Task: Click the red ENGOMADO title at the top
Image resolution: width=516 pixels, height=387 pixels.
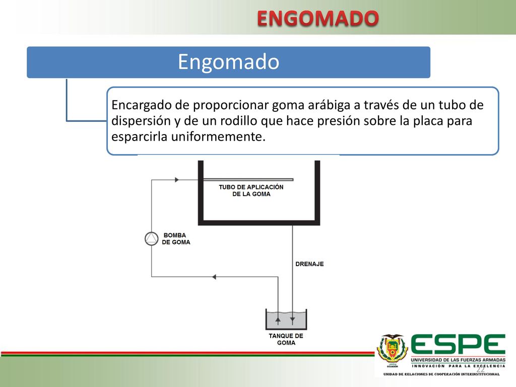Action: point(318,18)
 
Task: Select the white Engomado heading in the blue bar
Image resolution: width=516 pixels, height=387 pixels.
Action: point(228,62)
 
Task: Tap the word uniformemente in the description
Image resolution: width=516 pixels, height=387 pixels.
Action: point(218,136)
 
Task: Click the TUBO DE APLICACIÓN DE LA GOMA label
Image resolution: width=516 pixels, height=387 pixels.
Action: point(251,190)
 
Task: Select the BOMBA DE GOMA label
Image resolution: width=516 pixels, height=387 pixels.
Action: point(176,238)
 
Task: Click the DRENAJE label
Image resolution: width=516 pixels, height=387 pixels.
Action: point(309,264)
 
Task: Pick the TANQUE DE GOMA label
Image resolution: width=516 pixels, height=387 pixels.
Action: point(286,339)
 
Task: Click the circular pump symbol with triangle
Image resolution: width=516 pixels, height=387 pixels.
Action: point(151,238)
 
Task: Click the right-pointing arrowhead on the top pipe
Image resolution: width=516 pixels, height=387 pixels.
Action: point(177,180)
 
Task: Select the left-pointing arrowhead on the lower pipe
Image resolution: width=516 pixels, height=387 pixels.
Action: point(214,277)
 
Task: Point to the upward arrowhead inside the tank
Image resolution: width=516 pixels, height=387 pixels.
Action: point(278,319)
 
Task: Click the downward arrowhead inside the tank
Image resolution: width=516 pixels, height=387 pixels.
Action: point(293,319)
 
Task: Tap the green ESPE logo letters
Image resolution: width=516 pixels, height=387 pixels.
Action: point(458,345)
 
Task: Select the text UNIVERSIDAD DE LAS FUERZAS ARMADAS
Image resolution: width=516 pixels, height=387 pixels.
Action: point(458,360)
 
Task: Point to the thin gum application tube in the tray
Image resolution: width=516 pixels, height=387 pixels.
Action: point(248,180)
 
